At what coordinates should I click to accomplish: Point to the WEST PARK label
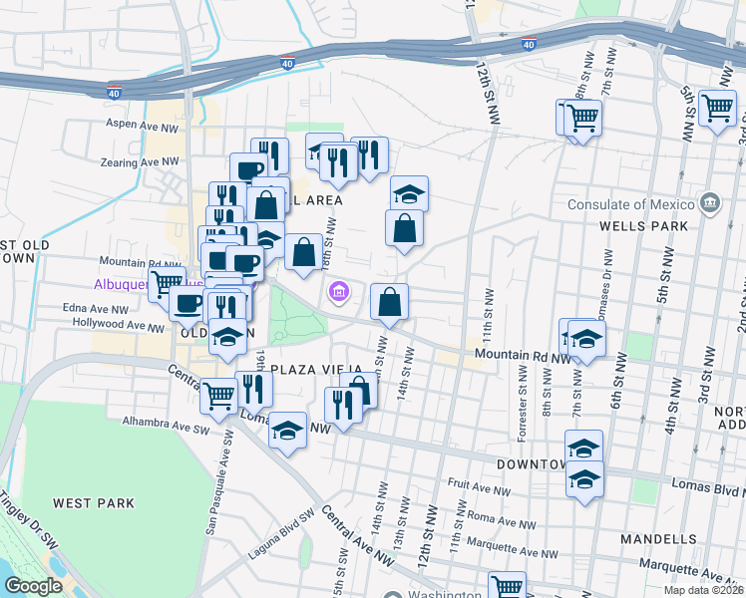pyautogui.click(x=94, y=503)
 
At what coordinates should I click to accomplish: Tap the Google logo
pyautogui.click(x=33, y=586)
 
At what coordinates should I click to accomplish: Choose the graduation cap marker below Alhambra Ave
pyautogui.click(x=287, y=431)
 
